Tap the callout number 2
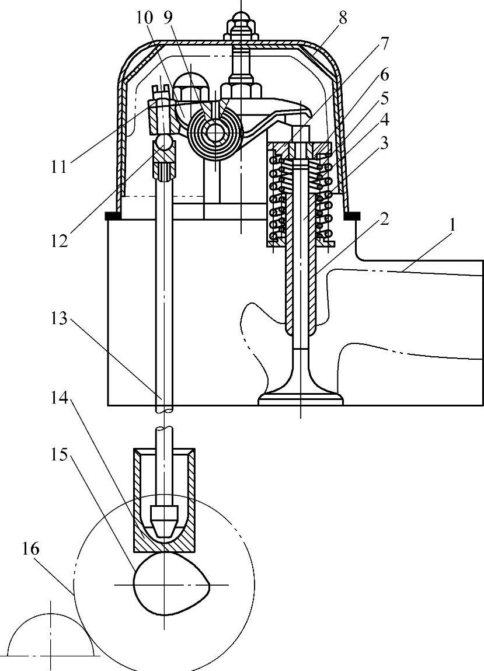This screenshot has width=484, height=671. (384, 220)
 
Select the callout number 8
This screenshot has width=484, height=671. (342, 18)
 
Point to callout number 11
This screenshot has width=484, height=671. (58, 166)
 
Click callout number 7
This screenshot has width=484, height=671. (383, 43)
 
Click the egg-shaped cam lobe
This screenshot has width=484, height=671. (171, 584)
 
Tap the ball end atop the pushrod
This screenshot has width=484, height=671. (164, 141)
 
